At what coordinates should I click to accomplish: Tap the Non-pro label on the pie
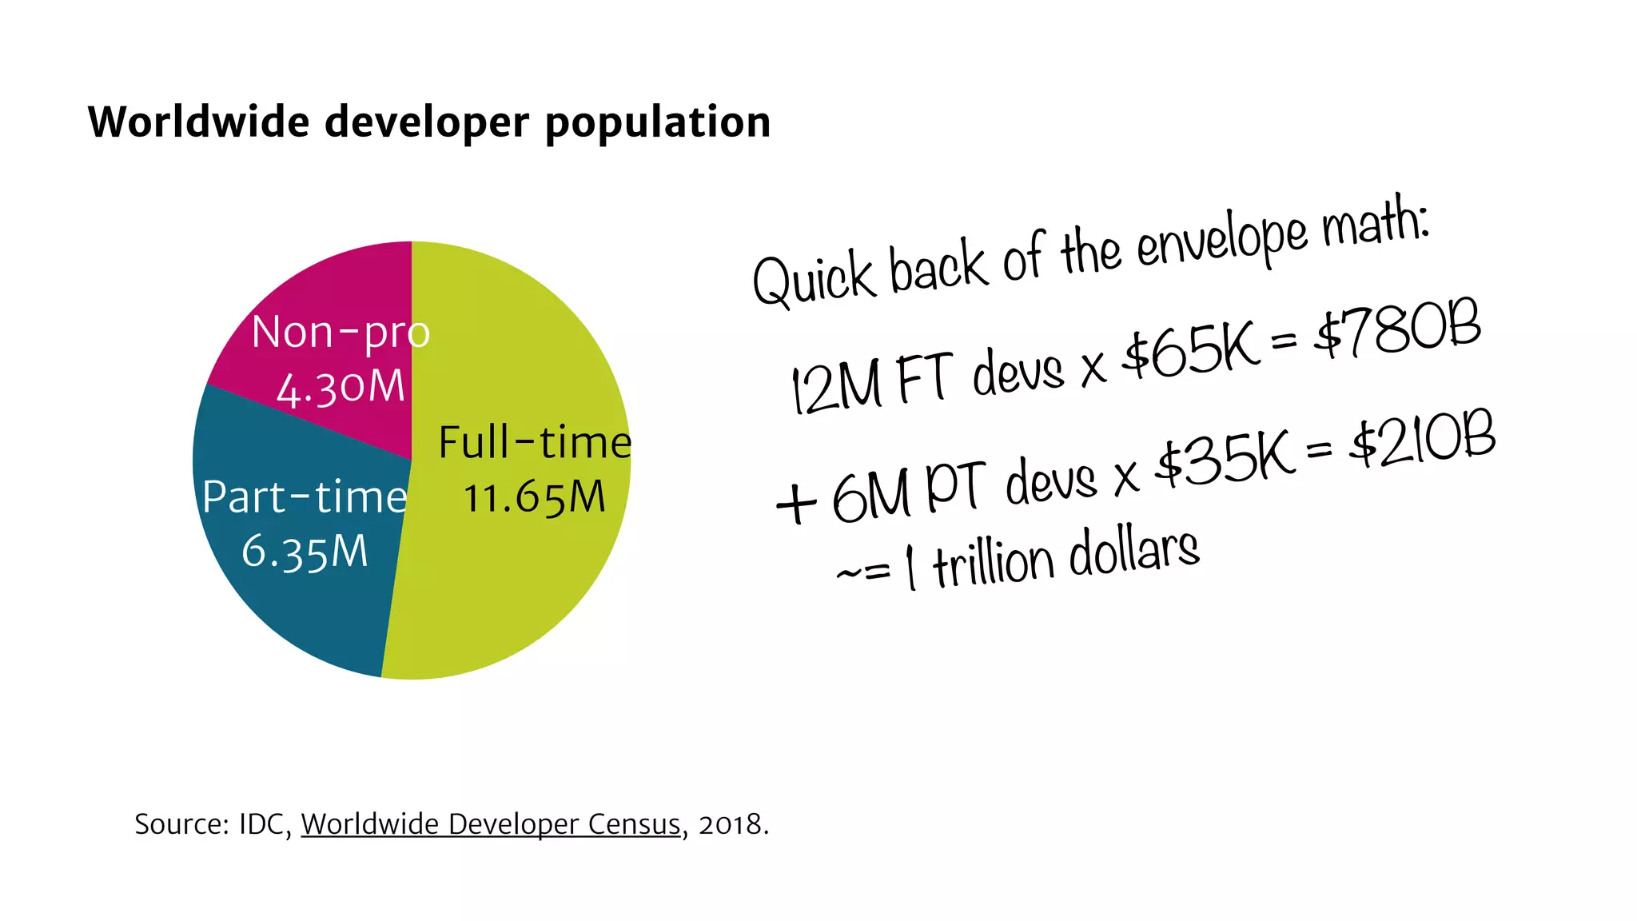point(341,333)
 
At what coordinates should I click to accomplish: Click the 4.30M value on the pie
point(341,388)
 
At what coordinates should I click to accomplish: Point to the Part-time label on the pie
point(305,497)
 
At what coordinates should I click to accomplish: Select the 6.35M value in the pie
point(305,552)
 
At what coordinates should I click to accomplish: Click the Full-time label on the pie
point(535,442)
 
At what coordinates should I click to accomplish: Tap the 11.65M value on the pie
point(535,497)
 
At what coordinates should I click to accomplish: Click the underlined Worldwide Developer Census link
point(491,824)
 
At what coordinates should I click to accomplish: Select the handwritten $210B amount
point(1423,440)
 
